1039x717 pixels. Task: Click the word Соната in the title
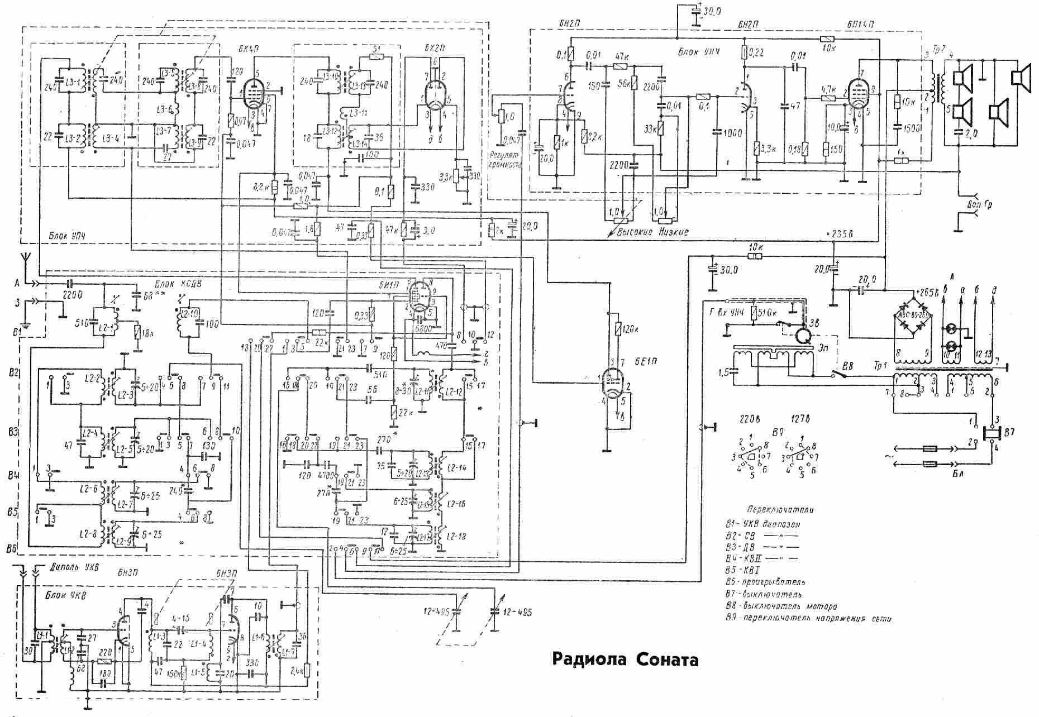coord(667,659)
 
